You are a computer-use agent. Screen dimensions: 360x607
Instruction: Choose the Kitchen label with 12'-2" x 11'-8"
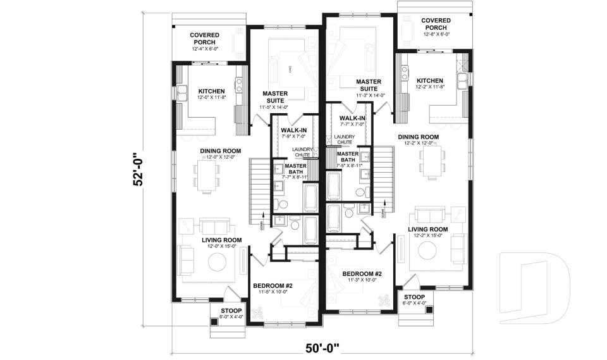[x=431, y=84]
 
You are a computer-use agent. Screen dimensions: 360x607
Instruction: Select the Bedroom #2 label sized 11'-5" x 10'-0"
[x=274, y=289]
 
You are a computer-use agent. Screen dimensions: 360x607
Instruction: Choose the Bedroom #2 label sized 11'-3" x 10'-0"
[x=362, y=277]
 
